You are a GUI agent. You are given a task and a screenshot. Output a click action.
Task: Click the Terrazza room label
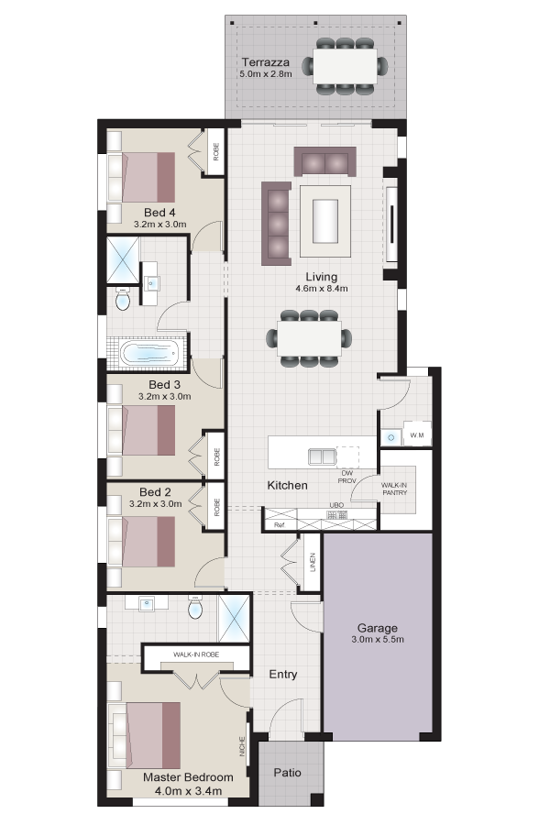(x=265, y=62)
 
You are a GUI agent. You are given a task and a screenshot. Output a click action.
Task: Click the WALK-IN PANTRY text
(x=394, y=489)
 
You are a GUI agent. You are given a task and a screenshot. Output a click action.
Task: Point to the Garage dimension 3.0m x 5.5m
(x=378, y=639)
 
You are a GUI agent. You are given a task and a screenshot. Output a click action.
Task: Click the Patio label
(x=287, y=773)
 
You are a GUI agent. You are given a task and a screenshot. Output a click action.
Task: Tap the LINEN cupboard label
(x=313, y=562)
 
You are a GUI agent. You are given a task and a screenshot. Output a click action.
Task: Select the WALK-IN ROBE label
(x=196, y=654)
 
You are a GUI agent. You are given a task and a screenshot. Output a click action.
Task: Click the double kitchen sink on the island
(x=322, y=456)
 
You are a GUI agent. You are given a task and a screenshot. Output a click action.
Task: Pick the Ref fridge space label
(x=279, y=525)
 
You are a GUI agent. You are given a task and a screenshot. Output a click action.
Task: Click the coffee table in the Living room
(x=325, y=221)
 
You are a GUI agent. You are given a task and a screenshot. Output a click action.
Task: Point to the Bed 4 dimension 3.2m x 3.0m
(x=160, y=225)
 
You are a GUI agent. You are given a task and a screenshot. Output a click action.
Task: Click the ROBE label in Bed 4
(x=215, y=152)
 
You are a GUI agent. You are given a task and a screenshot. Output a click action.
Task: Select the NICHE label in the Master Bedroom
(x=242, y=746)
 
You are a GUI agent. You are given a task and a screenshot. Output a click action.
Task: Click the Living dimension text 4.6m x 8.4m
(x=322, y=289)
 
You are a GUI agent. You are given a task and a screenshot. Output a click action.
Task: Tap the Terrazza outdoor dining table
(x=346, y=66)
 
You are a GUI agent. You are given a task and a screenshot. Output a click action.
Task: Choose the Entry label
(x=283, y=674)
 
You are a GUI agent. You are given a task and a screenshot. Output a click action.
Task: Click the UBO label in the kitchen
(x=336, y=505)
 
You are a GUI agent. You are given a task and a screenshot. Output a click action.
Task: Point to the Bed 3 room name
(x=164, y=385)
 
